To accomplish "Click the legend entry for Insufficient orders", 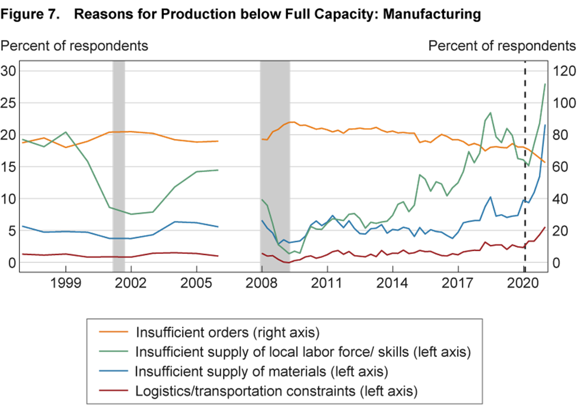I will [228, 333].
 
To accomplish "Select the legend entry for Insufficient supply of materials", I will [262, 371].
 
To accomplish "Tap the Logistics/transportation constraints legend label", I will [276, 391].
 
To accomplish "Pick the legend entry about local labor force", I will [303, 352].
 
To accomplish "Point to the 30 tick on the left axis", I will [9, 71].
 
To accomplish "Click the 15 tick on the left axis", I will [9, 167].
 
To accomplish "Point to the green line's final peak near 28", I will [545, 84].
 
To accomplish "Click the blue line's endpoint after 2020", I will [545, 125].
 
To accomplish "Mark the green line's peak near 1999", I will [66, 132].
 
